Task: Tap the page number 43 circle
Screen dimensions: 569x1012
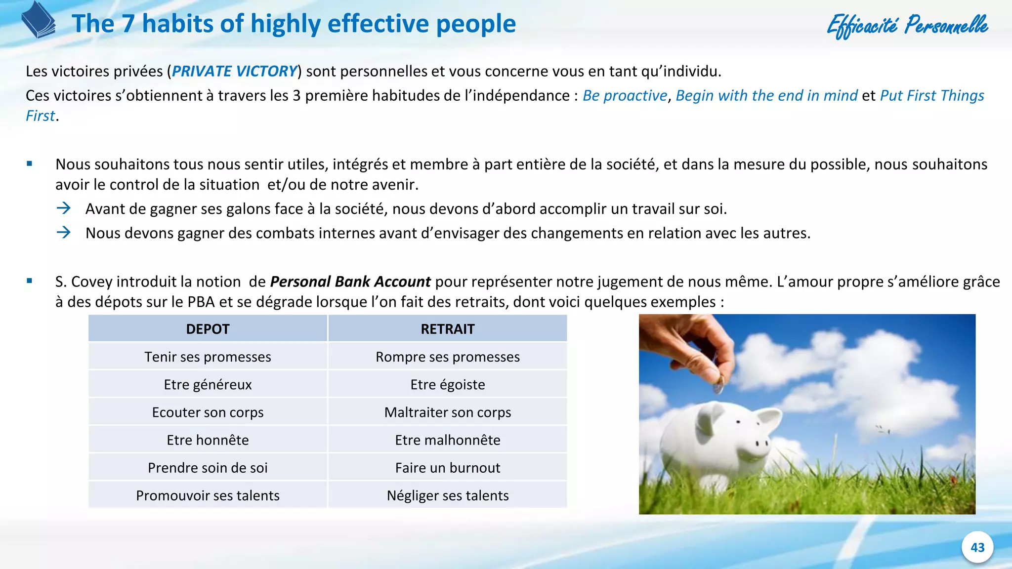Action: [x=977, y=547]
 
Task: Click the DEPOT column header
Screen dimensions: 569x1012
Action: [x=208, y=329]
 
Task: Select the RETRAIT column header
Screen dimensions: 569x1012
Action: [x=447, y=329]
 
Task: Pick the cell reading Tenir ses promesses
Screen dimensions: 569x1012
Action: [x=208, y=357]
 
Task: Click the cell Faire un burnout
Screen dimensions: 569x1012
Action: [x=447, y=467]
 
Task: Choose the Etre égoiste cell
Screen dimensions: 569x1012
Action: [x=447, y=384]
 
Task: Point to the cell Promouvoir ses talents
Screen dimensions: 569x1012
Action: [x=208, y=495]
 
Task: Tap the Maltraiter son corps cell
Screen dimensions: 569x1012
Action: [x=447, y=412]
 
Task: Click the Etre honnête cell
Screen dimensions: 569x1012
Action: [x=208, y=440]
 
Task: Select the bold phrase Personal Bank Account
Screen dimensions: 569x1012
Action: [x=350, y=282]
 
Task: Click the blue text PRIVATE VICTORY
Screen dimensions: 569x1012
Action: [x=234, y=71]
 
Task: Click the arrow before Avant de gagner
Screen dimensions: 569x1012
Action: [x=64, y=208]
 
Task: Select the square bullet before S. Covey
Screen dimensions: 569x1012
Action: [x=30, y=281]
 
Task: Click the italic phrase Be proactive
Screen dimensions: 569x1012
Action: [x=625, y=95]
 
